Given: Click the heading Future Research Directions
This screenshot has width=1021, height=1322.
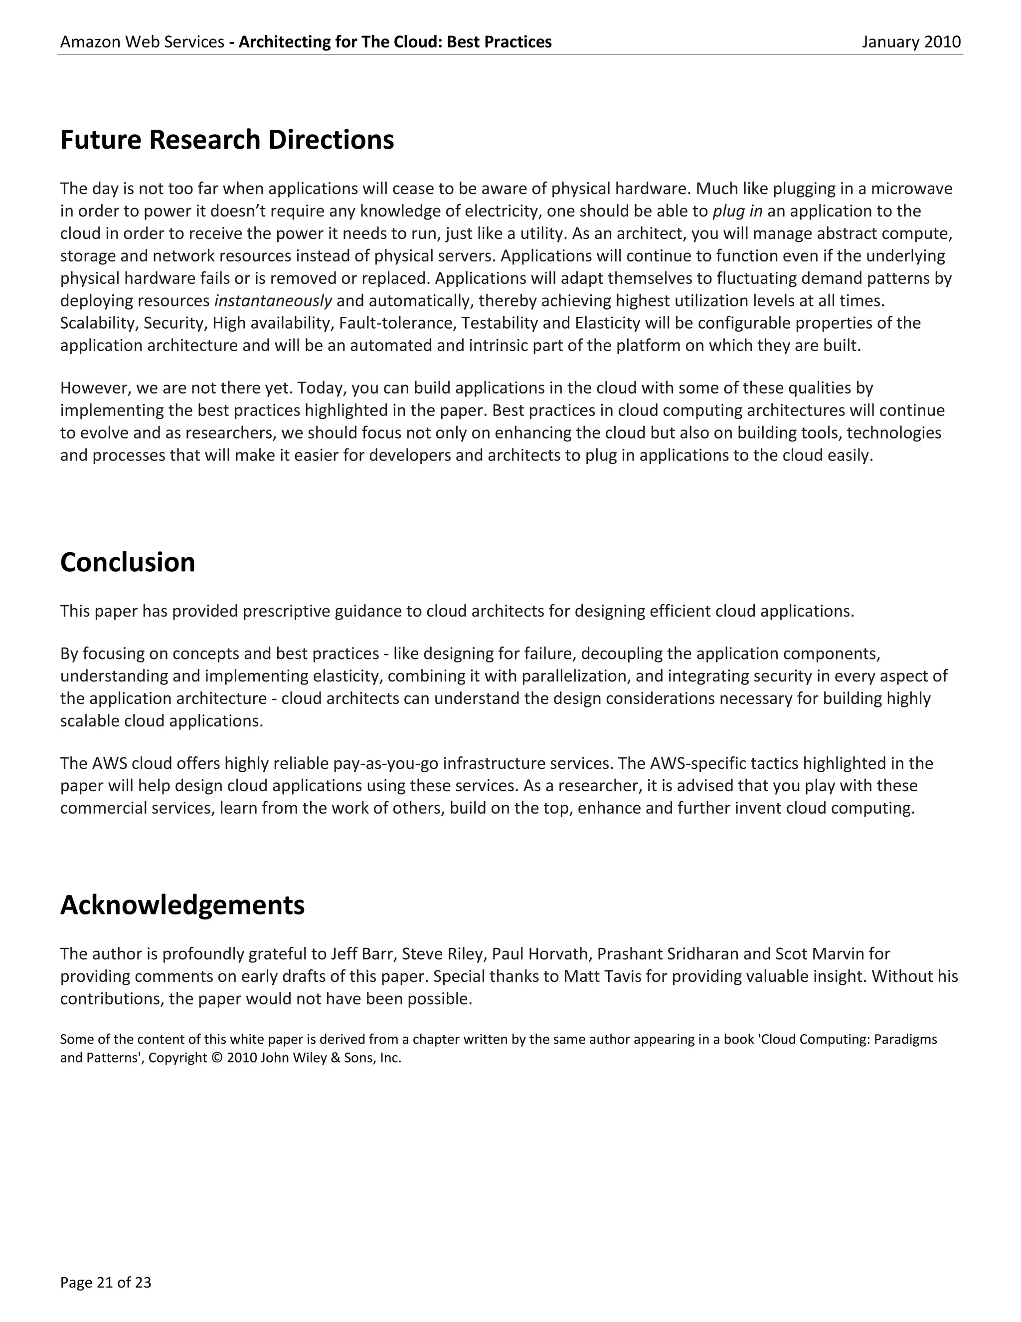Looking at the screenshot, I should pos(227,140).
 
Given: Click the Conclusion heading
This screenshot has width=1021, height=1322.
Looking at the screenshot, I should pos(128,562).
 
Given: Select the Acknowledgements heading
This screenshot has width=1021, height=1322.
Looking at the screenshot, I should pos(182,905).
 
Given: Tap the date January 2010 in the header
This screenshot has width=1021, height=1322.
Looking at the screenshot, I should pos(911,42).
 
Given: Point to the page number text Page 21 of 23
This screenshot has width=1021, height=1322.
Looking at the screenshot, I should pos(105,1282).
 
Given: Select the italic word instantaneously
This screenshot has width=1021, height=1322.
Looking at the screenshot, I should pos(273,301).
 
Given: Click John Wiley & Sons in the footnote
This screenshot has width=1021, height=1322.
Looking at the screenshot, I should pos(320,1059).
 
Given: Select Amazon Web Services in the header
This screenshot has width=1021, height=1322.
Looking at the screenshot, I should pos(142,42).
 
